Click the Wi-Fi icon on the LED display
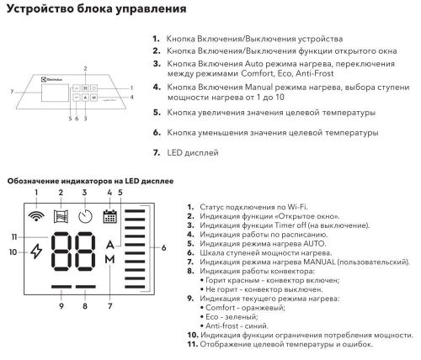click(35, 215)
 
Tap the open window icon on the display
click(60, 215)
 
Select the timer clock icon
click(85, 215)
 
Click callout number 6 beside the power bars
click(163, 247)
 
